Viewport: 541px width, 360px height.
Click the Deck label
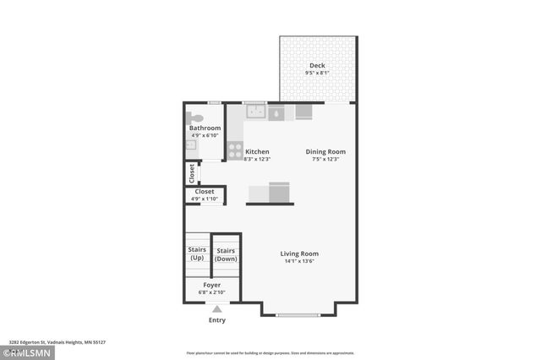point(317,66)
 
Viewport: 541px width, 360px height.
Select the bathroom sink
point(190,146)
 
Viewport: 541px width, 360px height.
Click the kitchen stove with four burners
point(234,150)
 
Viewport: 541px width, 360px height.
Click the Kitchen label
point(257,152)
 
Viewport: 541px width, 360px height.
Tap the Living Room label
point(299,254)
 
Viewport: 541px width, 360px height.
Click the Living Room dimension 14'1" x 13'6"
point(299,262)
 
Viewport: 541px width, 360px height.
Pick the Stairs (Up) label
point(196,254)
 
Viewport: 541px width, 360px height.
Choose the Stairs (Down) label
point(226,254)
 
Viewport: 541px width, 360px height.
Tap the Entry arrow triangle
point(216,309)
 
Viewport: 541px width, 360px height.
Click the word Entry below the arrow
point(216,320)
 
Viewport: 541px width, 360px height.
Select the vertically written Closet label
point(192,172)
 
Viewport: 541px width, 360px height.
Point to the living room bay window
point(299,315)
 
